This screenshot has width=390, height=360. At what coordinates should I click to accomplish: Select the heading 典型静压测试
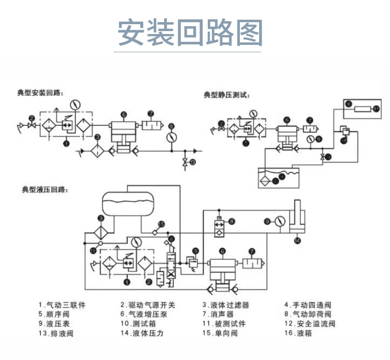click(227, 94)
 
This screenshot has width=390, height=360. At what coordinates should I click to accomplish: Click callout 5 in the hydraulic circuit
click(196, 251)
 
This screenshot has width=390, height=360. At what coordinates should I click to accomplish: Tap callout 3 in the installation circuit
click(98, 136)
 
